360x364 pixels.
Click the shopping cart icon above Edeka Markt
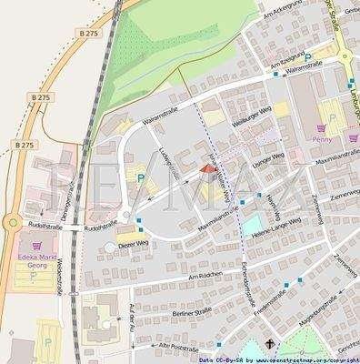37,246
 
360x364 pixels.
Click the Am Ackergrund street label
281,13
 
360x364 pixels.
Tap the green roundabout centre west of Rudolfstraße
12,221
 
